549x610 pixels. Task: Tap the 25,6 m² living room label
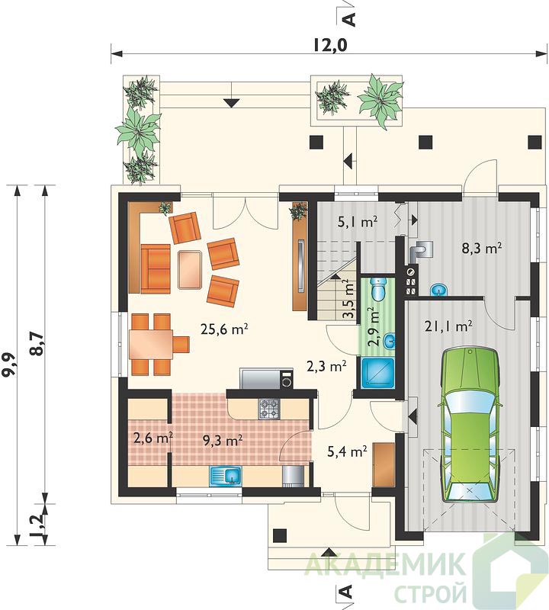[x=224, y=329]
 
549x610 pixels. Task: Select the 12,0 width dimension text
[x=329, y=45]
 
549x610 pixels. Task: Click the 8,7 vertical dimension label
[x=37, y=345]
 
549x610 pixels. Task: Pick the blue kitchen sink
[x=226, y=475]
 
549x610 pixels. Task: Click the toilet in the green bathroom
[x=377, y=289]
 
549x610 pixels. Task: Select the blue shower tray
[x=378, y=373]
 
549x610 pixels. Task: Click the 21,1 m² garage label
[x=448, y=326]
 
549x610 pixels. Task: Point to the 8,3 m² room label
[x=481, y=248]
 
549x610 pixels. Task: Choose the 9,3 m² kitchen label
[x=223, y=440]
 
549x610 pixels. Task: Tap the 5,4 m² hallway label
[x=348, y=451]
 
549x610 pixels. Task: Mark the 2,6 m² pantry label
[x=153, y=438]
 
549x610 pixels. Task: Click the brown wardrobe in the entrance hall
[x=384, y=464]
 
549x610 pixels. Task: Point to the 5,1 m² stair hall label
[x=357, y=223]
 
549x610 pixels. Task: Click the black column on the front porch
[x=280, y=536]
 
